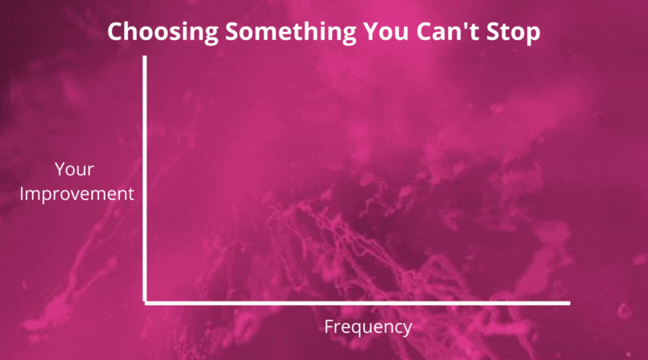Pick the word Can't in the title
coord(447,31)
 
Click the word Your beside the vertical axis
coord(74,169)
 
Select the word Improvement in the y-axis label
coord(77,194)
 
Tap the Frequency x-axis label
coord(368,327)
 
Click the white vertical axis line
coord(145,179)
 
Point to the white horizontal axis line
coord(358,303)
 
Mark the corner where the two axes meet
coord(145,303)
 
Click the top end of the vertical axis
coord(145,57)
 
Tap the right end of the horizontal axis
coord(570,303)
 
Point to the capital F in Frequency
coord(329,326)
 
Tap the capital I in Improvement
coord(22,194)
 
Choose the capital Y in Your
coord(61,169)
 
